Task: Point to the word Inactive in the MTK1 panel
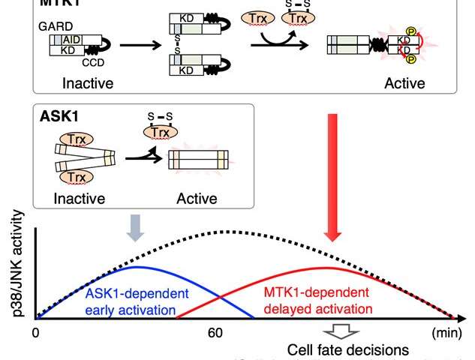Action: [67, 83]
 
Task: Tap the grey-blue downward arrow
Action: [135, 230]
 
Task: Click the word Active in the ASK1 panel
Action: [196, 199]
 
